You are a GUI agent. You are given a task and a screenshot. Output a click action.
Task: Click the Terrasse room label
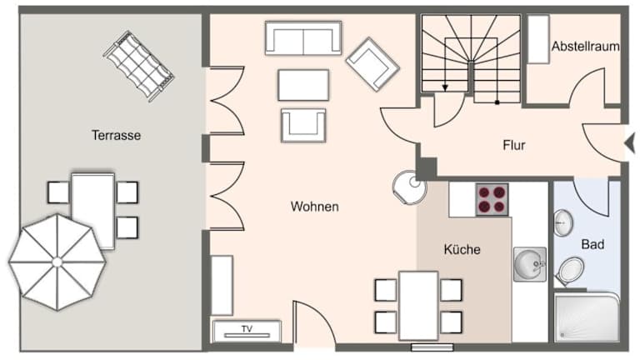[x=117, y=135]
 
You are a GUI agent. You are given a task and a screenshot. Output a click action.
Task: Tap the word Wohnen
[x=315, y=207]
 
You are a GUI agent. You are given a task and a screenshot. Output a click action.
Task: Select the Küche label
[x=462, y=249]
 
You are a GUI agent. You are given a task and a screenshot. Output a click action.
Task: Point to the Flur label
[x=514, y=145]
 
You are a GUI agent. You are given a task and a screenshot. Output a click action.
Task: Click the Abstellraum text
[x=586, y=46]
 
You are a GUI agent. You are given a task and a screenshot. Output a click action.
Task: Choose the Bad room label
[x=592, y=244]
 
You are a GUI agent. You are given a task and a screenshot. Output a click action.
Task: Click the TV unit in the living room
[x=247, y=331]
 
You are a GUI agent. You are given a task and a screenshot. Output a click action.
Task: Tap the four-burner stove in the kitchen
[x=492, y=199]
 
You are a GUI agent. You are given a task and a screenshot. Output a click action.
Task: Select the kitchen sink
[x=529, y=264]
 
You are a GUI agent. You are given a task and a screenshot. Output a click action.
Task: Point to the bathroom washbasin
[x=563, y=222]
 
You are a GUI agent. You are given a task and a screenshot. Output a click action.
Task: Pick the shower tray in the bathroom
[x=586, y=317]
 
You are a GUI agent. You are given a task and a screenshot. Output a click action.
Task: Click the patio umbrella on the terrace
[x=57, y=262]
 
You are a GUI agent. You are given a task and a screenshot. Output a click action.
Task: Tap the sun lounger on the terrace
[x=139, y=66]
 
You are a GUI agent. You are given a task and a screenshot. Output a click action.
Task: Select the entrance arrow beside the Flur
[x=630, y=143]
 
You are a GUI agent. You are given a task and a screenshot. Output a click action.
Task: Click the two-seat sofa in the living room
[x=303, y=38]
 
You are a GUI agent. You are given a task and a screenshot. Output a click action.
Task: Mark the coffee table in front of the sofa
[x=303, y=85]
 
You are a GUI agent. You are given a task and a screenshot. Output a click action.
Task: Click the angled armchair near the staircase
[x=372, y=64]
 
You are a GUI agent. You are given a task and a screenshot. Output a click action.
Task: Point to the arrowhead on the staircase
[x=445, y=87]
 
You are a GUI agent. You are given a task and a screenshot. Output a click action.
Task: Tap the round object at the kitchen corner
[x=409, y=187]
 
